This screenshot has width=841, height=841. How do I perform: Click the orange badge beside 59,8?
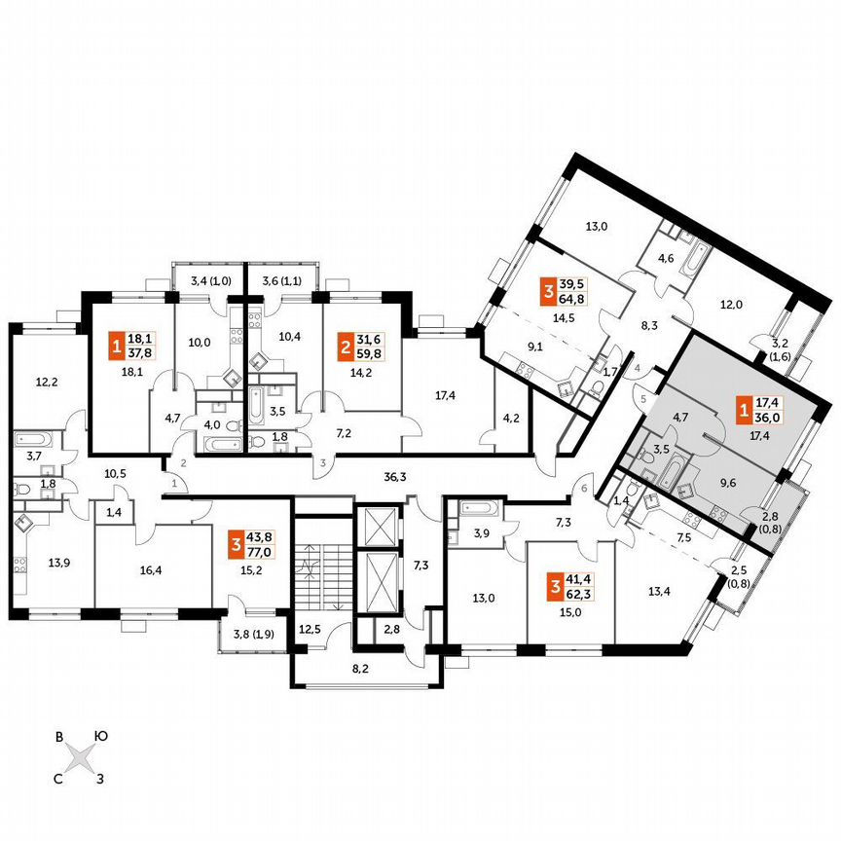(345, 346)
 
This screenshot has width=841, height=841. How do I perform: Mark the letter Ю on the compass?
(99, 737)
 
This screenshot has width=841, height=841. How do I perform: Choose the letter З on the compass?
(99, 776)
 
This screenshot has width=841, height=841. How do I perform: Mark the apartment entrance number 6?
(584, 490)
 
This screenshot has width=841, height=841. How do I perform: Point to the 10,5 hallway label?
(116, 473)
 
